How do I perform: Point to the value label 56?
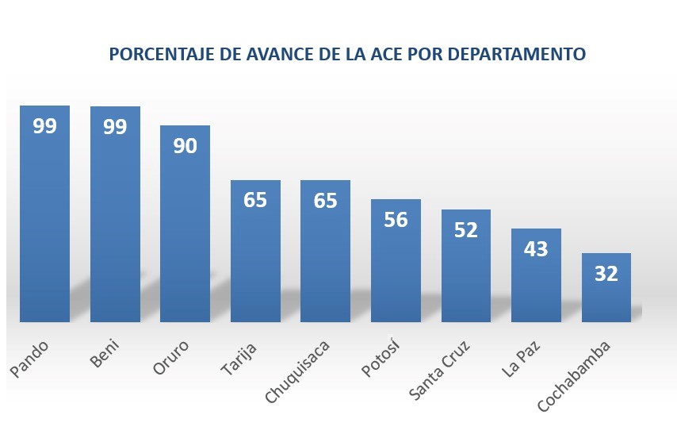click(x=396, y=220)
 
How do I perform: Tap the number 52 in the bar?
click(x=466, y=230)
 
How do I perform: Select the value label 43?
click(x=536, y=249)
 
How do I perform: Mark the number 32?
click(x=606, y=274)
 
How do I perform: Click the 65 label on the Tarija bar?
click(x=255, y=200)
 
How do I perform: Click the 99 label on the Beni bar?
click(x=115, y=127)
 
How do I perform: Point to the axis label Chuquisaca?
click(x=297, y=371)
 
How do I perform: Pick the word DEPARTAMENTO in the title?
click(x=516, y=54)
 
